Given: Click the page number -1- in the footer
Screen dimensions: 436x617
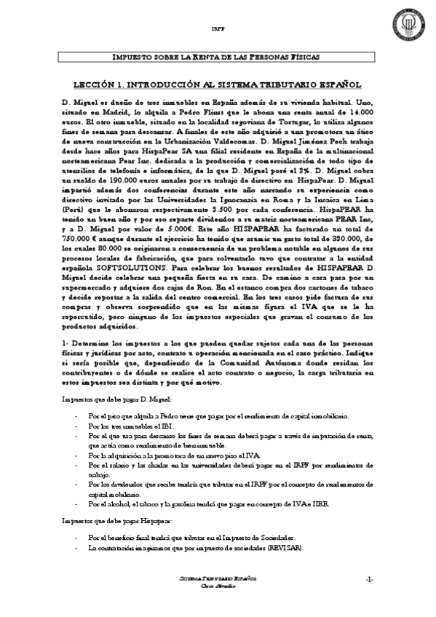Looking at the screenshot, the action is point(370,579).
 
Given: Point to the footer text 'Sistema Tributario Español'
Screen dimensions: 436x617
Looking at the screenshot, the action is point(218,578).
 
